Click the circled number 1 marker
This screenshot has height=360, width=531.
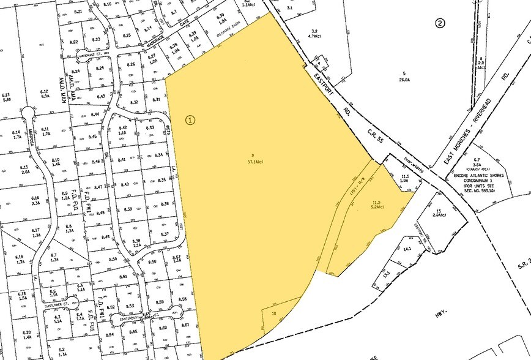191,121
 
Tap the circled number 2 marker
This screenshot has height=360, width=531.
439,24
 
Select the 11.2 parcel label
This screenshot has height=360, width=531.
377,201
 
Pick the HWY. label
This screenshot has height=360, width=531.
442,312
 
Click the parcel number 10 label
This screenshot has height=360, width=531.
274,313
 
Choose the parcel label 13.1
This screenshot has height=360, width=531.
386,274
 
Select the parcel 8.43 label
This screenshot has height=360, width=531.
102,96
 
